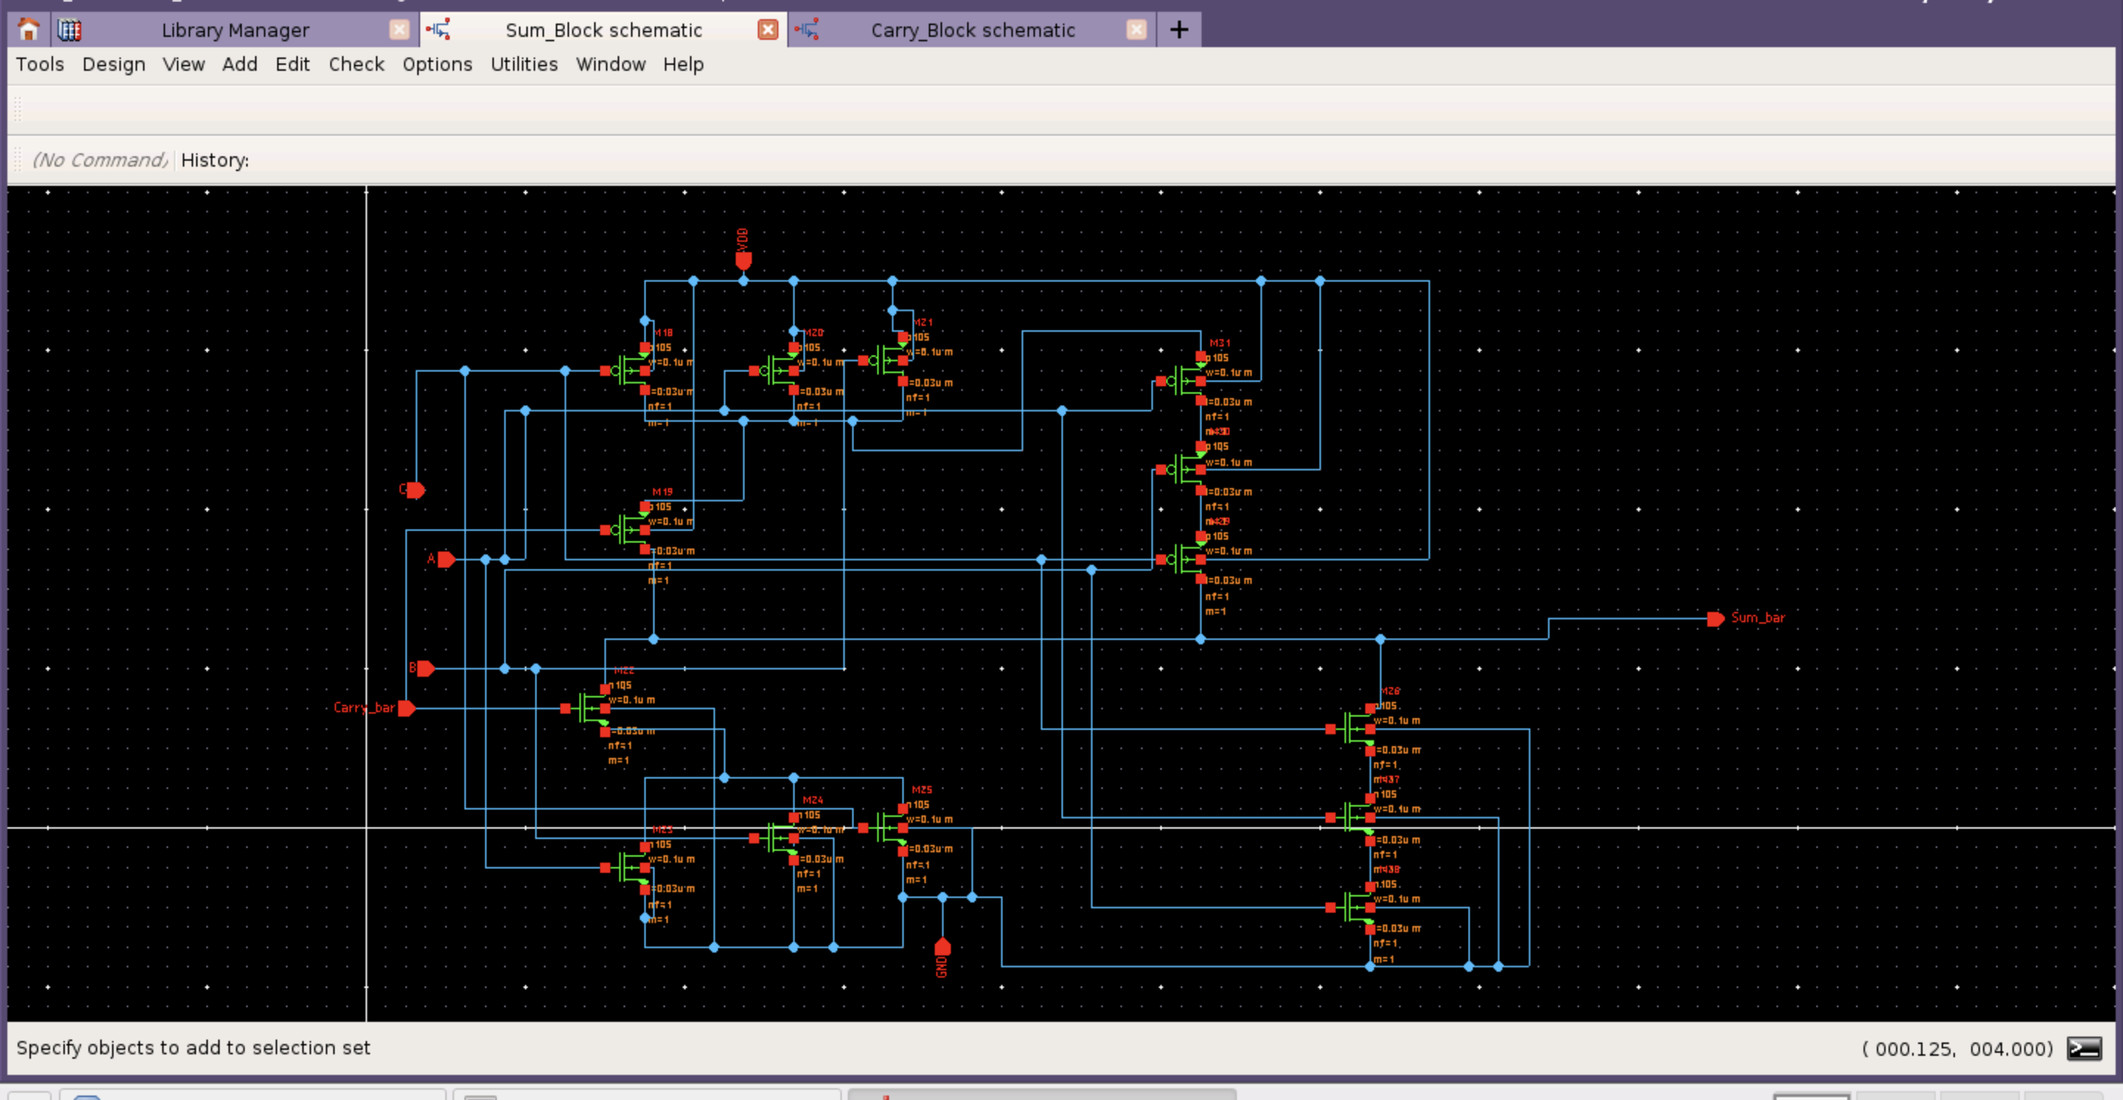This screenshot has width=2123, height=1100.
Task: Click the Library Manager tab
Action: [x=235, y=30]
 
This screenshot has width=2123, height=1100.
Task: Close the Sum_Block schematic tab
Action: [x=767, y=30]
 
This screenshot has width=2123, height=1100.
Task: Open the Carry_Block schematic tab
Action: [x=972, y=30]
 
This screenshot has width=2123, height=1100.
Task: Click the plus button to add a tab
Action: [x=1179, y=30]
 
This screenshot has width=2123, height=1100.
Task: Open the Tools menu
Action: [x=40, y=64]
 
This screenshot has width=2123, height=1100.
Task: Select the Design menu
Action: [x=114, y=64]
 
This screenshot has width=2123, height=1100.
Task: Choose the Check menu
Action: [x=356, y=64]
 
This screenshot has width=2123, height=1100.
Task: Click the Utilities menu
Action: [x=523, y=64]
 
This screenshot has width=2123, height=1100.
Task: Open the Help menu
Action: [x=683, y=64]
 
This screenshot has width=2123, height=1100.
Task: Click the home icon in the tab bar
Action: [x=29, y=30]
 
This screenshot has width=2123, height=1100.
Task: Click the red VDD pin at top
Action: [x=742, y=260]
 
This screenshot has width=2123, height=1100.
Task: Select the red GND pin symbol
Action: [x=942, y=947]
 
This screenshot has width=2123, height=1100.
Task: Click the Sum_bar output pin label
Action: [x=1757, y=617]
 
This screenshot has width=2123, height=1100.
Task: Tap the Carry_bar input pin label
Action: [x=363, y=708]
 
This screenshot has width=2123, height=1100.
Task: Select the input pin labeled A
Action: [x=445, y=560]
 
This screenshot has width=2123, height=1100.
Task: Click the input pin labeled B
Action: [x=425, y=668]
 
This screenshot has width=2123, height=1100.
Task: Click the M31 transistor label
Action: [x=1219, y=343]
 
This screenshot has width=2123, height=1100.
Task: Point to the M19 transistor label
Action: [x=662, y=492]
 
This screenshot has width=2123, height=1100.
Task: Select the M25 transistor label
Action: [x=921, y=790]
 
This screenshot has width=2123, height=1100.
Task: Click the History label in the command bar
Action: [x=215, y=160]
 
